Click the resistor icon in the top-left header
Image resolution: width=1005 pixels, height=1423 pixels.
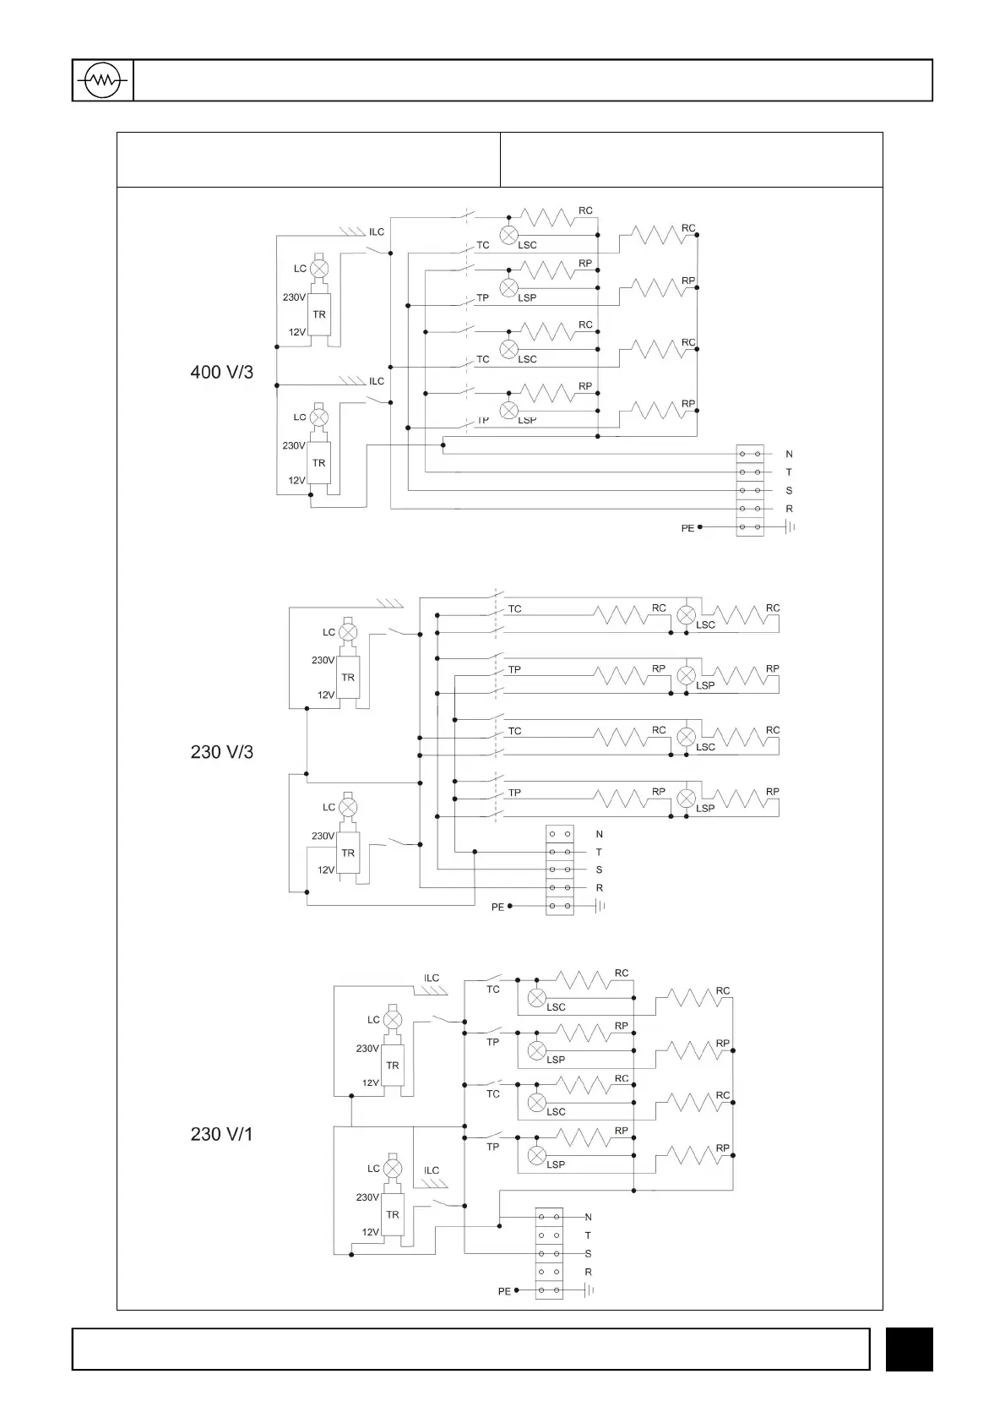(x=103, y=81)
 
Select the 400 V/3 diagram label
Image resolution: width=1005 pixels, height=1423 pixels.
(x=221, y=372)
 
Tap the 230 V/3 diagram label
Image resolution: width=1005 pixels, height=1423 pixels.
(x=221, y=752)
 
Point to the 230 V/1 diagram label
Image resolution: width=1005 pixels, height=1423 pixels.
(x=221, y=1134)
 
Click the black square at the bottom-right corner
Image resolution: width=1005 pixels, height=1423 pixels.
(x=909, y=1349)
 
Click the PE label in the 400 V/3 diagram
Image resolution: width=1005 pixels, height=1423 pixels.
(x=687, y=528)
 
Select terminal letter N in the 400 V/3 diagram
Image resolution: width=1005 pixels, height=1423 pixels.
(x=789, y=455)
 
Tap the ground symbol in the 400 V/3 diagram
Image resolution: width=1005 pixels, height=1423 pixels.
(x=791, y=527)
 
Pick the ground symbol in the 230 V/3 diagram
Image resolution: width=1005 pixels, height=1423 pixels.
(x=601, y=906)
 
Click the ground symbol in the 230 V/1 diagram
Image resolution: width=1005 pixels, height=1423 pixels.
(x=589, y=1290)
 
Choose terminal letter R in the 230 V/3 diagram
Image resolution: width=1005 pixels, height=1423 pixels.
(x=600, y=888)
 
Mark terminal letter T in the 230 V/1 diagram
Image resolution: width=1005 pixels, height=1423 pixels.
(x=588, y=1235)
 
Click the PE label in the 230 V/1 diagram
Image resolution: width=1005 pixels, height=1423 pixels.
(x=504, y=1291)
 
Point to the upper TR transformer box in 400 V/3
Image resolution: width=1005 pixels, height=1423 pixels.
(x=318, y=314)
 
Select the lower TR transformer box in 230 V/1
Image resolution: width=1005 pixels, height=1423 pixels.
(x=393, y=1214)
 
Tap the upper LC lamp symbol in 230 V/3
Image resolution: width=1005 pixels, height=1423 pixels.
(x=348, y=632)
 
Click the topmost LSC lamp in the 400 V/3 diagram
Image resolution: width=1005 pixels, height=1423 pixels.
(x=508, y=236)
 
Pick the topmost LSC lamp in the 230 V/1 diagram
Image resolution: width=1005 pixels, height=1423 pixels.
(x=536, y=998)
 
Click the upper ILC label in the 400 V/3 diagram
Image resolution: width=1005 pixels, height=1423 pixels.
(x=377, y=232)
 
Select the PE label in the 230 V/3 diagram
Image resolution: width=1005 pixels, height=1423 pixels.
(x=497, y=907)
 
